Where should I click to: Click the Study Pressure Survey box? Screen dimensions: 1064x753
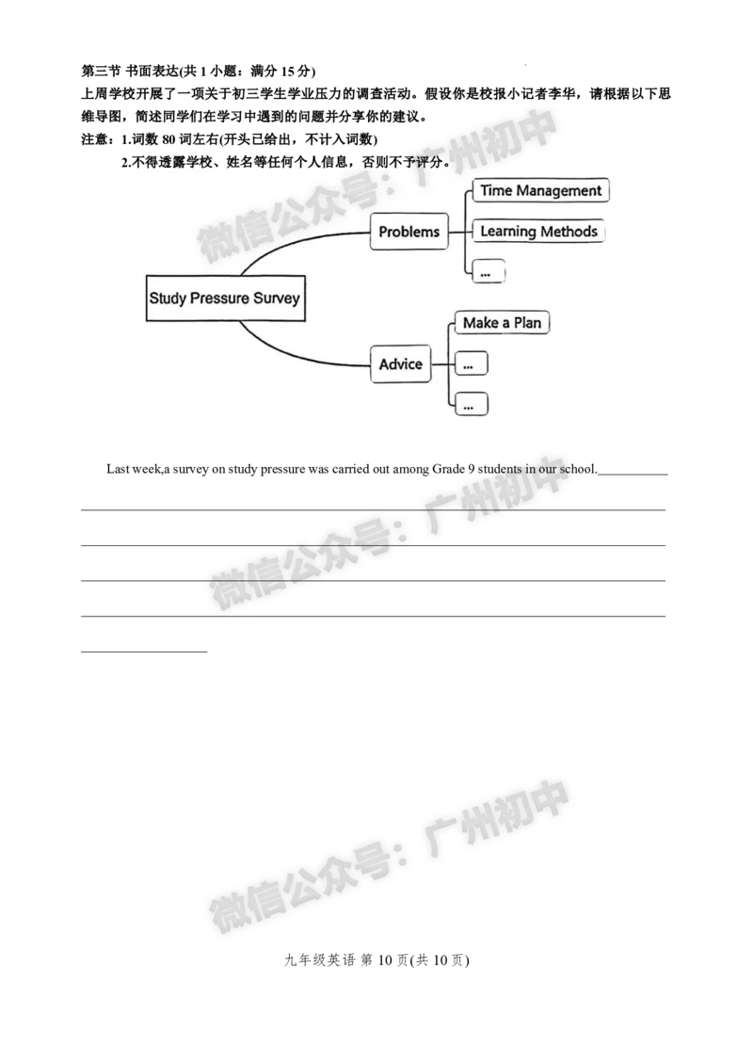(x=225, y=298)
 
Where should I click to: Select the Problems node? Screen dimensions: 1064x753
(x=409, y=232)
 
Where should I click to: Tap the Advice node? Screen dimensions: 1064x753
(x=401, y=364)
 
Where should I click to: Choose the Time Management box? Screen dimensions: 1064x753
(x=540, y=190)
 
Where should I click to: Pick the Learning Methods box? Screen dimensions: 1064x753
(x=538, y=231)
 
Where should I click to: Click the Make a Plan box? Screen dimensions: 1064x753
(x=502, y=323)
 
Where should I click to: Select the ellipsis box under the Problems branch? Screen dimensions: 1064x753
(x=487, y=271)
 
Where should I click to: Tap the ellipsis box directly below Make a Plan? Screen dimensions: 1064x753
(x=471, y=363)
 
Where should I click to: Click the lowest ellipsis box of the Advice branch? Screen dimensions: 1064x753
(x=471, y=404)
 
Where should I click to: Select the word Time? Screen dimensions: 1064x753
(x=496, y=190)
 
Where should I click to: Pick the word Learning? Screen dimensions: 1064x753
(x=508, y=231)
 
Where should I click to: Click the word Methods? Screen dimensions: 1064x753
(x=569, y=231)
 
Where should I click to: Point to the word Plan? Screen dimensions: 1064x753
(x=527, y=323)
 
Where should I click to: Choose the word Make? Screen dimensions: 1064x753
(x=480, y=323)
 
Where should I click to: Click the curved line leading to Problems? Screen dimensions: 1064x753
(x=282, y=242)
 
